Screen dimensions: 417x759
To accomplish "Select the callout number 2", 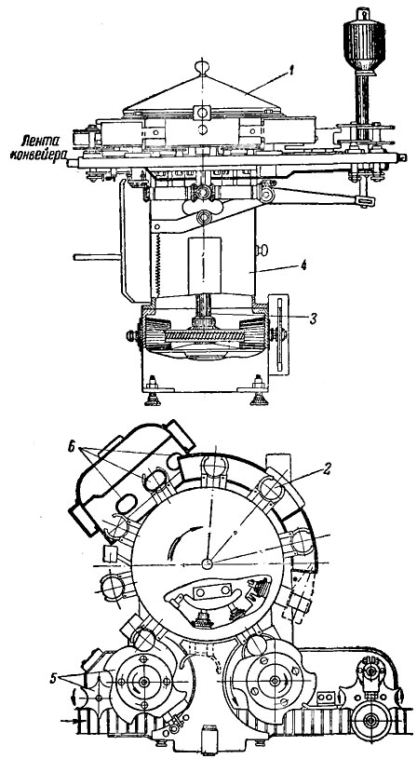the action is [327, 468].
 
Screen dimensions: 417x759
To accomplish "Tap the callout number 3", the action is [315, 317].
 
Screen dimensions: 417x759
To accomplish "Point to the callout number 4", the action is [303, 265].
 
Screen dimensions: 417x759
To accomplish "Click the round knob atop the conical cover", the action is [203, 65].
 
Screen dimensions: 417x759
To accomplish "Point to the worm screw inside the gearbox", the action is [203, 335].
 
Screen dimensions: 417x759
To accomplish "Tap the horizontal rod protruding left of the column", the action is [96, 257].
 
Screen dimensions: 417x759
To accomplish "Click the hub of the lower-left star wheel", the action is [143, 682].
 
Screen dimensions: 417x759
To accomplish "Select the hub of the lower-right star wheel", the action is [275, 681].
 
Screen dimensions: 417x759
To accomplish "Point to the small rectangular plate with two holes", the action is [212, 591].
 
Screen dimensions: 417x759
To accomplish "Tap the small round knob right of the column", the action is [262, 251].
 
